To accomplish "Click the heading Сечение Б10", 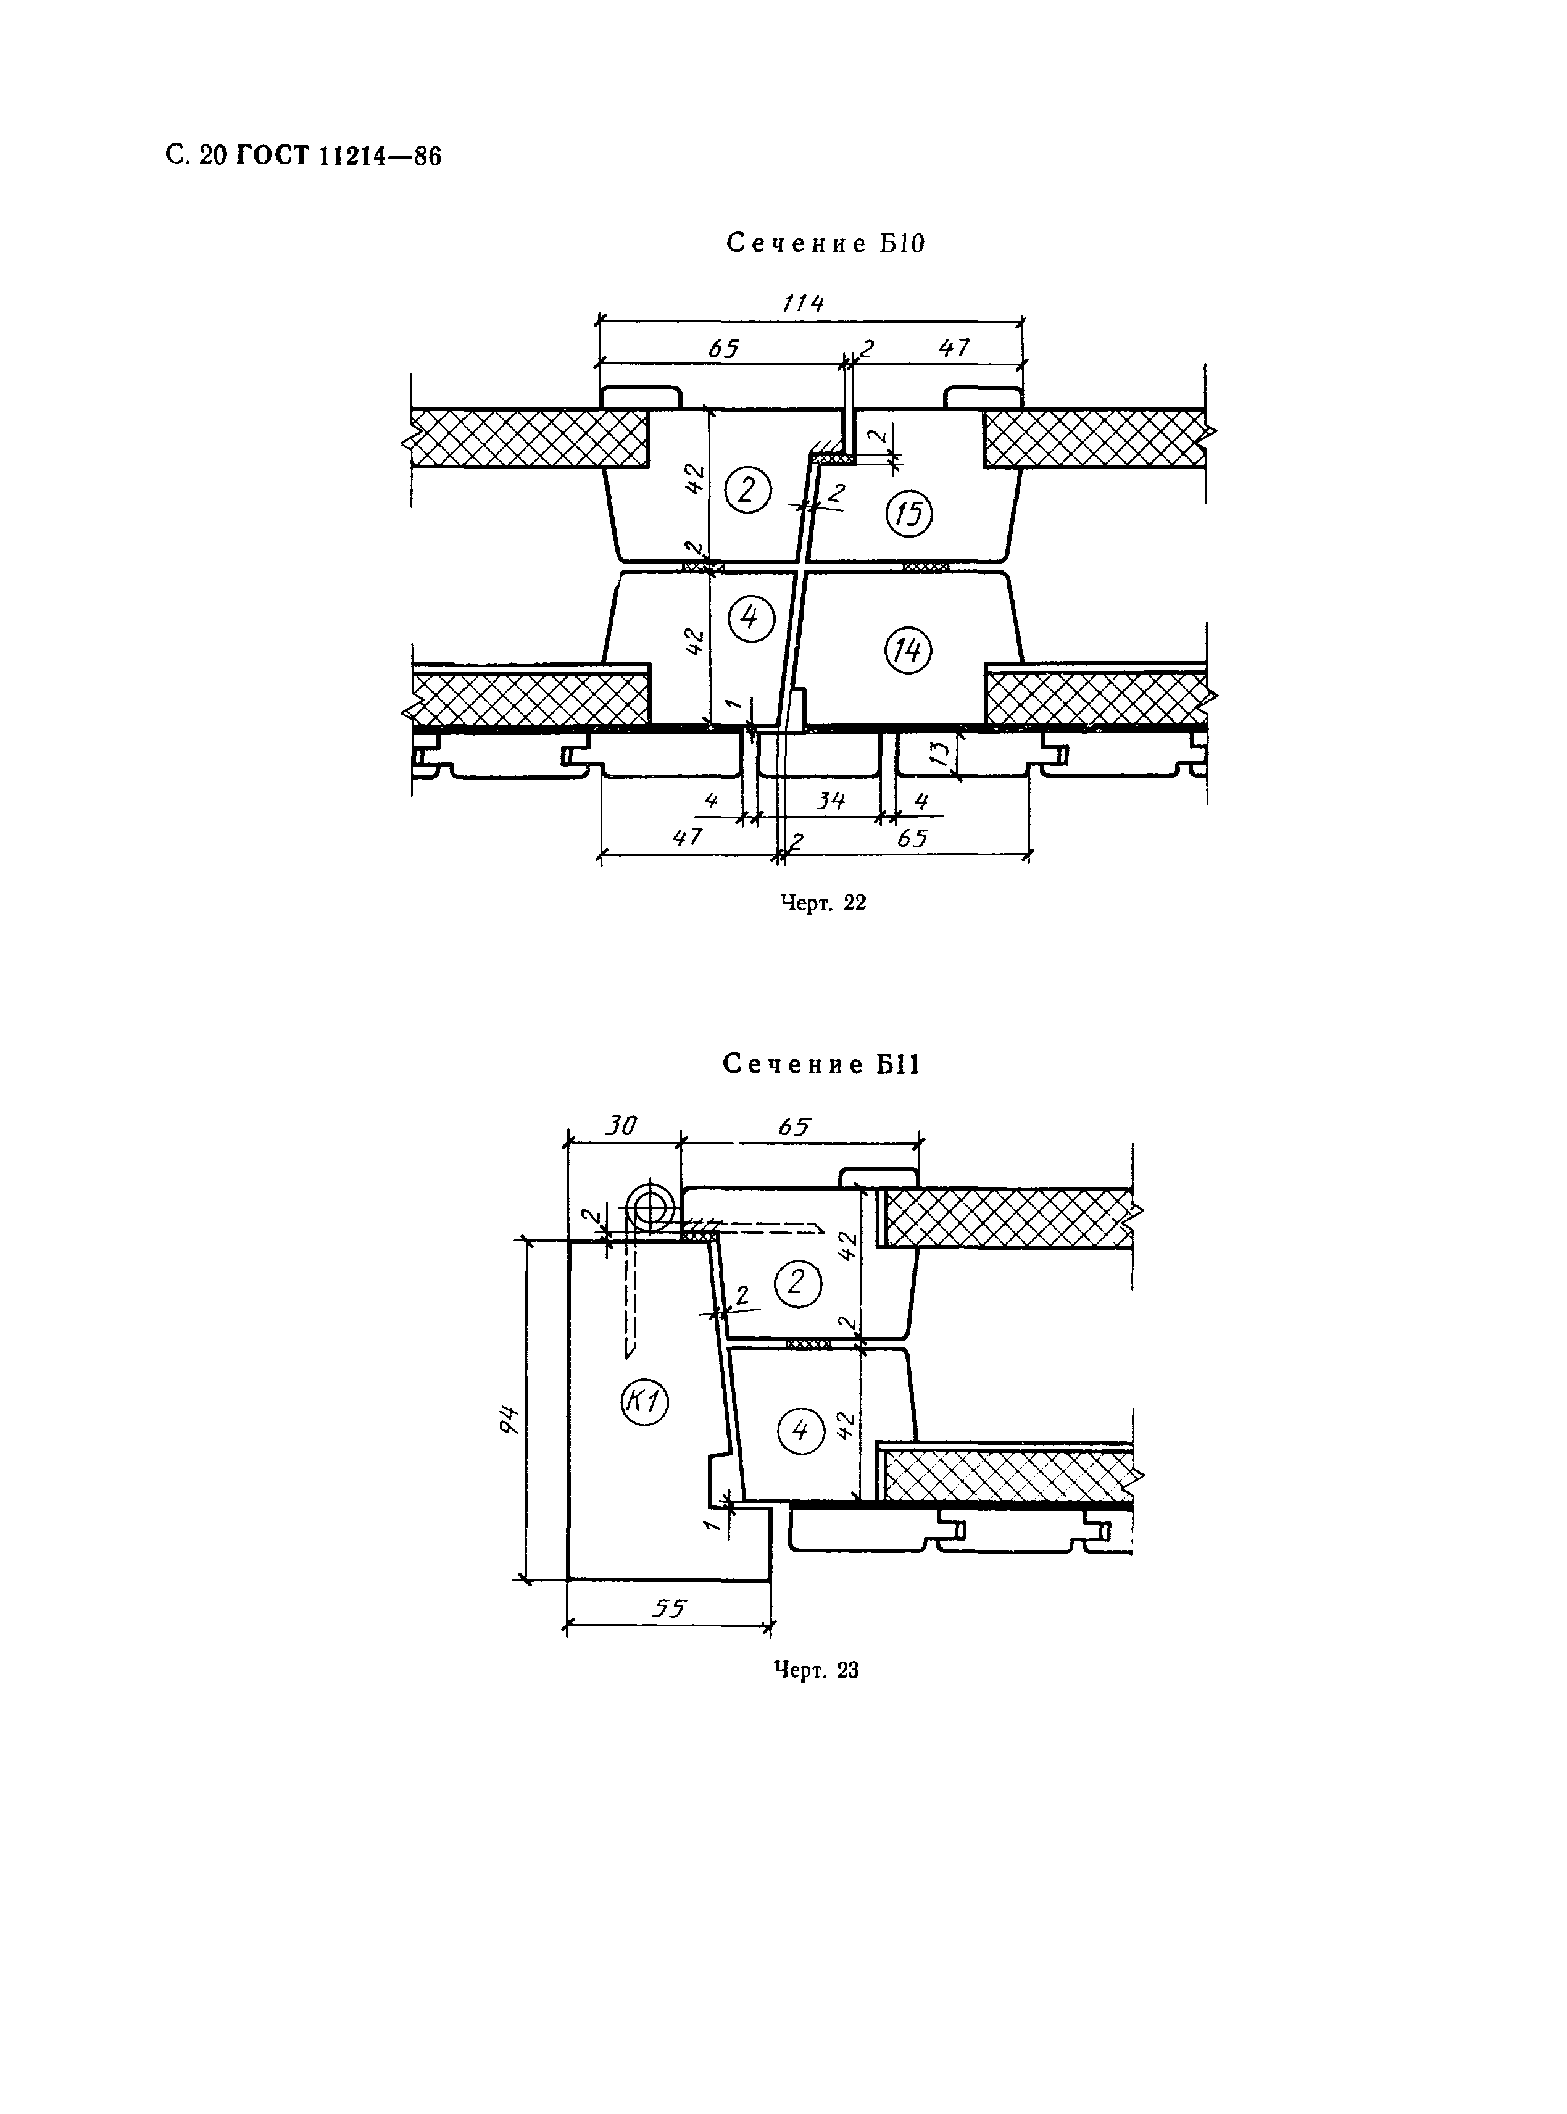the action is point(825,244).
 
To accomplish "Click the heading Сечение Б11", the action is point(821,1064).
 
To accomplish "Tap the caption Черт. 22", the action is point(823,903).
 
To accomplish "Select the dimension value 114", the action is point(802,304).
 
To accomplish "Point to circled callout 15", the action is point(908,513).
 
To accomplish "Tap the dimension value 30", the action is point(621,1126).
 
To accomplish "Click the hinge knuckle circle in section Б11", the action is point(652,1209).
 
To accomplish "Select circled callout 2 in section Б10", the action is point(747,490).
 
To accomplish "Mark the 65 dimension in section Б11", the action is point(794,1126).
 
